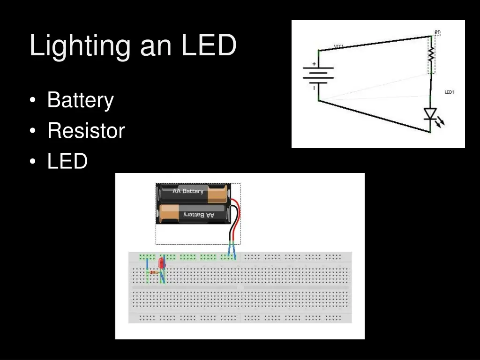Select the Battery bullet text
(x=80, y=100)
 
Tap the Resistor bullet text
(x=86, y=130)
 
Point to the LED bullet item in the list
(x=67, y=161)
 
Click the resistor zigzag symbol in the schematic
(x=431, y=56)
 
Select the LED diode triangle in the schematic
(x=430, y=114)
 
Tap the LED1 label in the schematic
(x=449, y=92)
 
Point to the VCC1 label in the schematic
(x=339, y=46)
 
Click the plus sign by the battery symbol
(x=314, y=64)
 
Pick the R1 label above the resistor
(x=437, y=33)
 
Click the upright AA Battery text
(x=188, y=191)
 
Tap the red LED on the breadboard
(x=162, y=263)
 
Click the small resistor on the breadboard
(x=153, y=272)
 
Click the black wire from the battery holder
(x=229, y=230)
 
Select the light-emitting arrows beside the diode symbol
(x=440, y=123)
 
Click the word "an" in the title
(x=156, y=46)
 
